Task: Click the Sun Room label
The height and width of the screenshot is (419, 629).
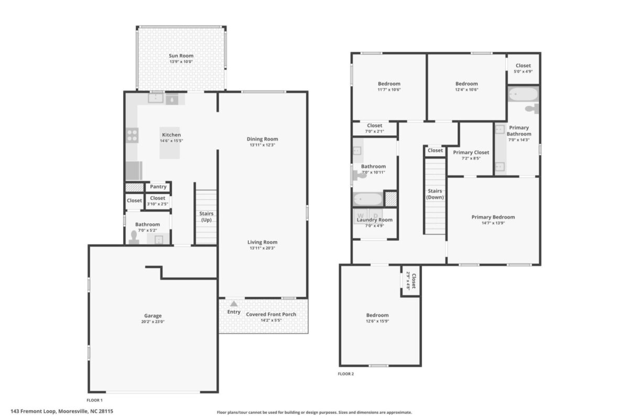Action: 181,56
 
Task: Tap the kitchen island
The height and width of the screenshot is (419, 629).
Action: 170,143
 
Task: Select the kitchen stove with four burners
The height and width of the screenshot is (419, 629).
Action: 132,135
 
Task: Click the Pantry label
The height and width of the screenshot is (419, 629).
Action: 158,186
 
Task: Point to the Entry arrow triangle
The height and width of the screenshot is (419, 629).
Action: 234,304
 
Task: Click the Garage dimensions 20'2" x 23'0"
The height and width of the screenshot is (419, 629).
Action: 153,322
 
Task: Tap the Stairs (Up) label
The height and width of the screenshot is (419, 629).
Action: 206,217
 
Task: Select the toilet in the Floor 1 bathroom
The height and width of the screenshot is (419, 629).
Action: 134,237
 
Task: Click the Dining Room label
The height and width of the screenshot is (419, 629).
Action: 262,139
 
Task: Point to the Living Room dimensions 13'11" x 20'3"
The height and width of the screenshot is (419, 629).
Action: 262,248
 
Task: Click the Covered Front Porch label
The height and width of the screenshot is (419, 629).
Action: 271,314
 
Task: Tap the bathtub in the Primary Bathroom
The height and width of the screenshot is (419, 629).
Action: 523,94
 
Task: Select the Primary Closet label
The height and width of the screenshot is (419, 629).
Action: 471,152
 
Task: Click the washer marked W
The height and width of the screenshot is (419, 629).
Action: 361,216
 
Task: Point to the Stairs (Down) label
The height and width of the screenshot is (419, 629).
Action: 435,194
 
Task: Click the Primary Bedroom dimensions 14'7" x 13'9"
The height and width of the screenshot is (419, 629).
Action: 493,223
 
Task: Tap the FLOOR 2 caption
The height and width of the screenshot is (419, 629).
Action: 345,374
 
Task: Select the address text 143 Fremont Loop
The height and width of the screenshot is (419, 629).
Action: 34,411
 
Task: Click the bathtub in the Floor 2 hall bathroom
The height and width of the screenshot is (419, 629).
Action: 367,199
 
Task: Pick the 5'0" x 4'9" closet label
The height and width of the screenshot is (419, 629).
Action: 523,72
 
